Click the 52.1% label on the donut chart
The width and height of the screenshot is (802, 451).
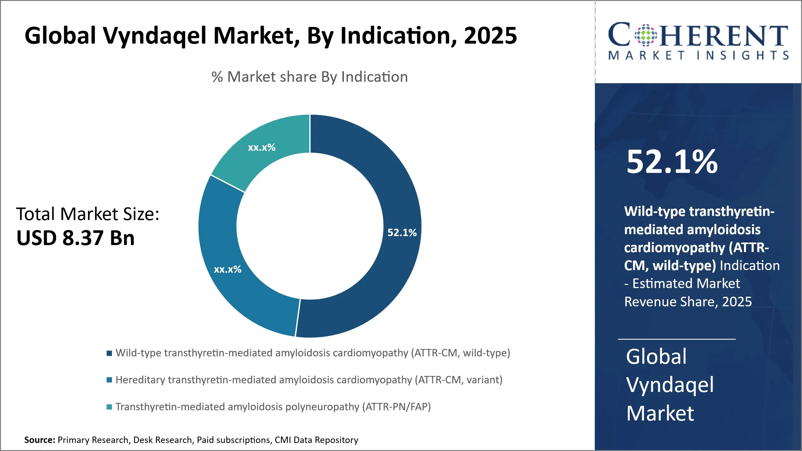pyautogui.click(x=402, y=233)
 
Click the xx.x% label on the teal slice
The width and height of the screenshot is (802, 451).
pyautogui.click(x=261, y=148)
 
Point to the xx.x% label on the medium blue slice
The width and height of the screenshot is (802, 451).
pyautogui.click(x=227, y=269)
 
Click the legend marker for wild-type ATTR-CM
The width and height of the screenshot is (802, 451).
pyautogui.click(x=109, y=353)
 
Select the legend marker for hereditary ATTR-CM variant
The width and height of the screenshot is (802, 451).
pyautogui.click(x=109, y=380)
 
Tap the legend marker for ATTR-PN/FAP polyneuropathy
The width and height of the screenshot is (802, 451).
pyautogui.click(x=109, y=407)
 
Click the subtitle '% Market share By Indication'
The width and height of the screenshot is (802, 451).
pyautogui.click(x=310, y=77)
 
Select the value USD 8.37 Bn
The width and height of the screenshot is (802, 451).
pyautogui.click(x=76, y=238)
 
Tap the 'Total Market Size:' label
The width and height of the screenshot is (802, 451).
pyautogui.click(x=88, y=214)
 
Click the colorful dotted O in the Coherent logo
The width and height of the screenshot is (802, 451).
pyautogui.click(x=646, y=35)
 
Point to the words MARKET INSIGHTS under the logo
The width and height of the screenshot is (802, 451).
pyautogui.click(x=698, y=55)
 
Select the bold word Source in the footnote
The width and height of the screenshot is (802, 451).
pyautogui.click(x=39, y=440)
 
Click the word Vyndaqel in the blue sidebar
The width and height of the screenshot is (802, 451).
pyautogui.click(x=670, y=385)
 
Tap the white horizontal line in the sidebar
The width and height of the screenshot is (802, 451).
pyautogui.click(x=677, y=339)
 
